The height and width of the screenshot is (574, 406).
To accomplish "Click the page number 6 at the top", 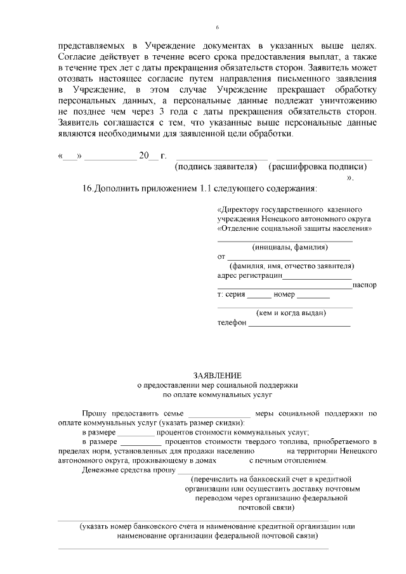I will (217, 28).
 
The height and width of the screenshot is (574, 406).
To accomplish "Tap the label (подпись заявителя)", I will (216, 167).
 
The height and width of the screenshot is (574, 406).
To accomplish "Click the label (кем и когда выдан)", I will (291, 313).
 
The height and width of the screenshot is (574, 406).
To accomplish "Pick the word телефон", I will (232, 323).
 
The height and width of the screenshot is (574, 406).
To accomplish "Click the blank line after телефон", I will (299, 325).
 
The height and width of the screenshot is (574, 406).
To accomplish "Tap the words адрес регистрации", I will (249, 276).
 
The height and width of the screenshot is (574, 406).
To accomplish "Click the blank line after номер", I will (313, 297).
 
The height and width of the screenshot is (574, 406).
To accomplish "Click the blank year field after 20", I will (153, 157).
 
